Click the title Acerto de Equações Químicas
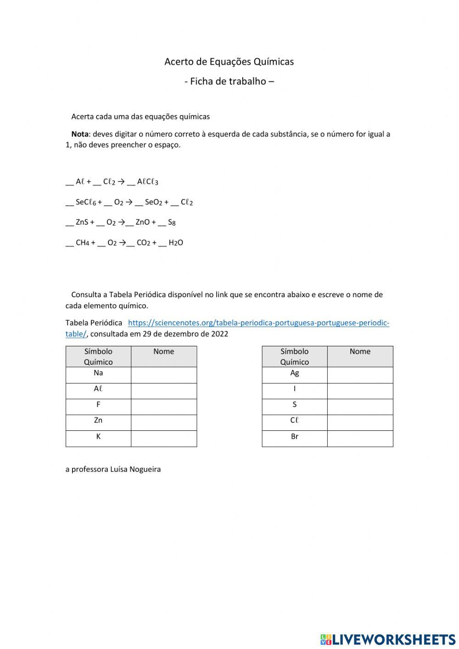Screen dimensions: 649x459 (x=229, y=62)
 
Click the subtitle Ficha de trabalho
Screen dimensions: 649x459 (x=229, y=81)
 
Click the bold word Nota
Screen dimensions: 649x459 (x=80, y=134)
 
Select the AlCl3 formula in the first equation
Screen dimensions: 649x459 (x=147, y=182)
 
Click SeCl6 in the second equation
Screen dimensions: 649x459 (x=86, y=202)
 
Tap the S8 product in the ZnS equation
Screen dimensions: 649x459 (x=172, y=222)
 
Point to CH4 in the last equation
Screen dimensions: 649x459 (x=82, y=243)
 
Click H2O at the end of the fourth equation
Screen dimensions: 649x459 (x=176, y=243)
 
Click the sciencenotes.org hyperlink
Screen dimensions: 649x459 (x=258, y=323)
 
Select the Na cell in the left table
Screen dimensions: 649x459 (x=98, y=373)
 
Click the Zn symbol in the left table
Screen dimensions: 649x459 (x=98, y=421)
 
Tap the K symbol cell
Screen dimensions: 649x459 (x=98, y=437)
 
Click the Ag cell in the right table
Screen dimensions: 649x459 (x=295, y=373)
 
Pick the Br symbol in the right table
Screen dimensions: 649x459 (x=295, y=437)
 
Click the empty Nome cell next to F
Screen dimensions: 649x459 (x=164, y=406)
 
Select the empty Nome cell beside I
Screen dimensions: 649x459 (x=360, y=390)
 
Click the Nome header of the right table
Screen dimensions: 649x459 (x=360, y=352)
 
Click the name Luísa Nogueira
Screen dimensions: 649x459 (x=135, y=469)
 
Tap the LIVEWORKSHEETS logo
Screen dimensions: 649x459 (x=388, y=639)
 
